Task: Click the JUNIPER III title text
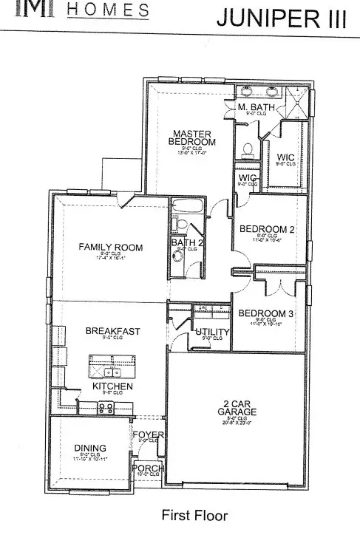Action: (x=281, y=18)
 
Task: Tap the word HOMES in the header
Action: (x=108, y=10)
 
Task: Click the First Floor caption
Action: (x=194, y=515)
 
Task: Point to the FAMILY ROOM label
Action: (x=111, y=248)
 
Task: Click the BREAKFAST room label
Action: (x=112, y=331)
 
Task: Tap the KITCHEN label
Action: (x=112, y=386)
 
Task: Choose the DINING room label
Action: (x=91, y=448)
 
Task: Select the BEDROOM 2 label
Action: (x=267, y=230)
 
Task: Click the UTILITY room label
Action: (x=212, y=332)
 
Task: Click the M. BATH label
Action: (x=256, y=108)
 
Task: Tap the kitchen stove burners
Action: (x=106, y=406)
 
